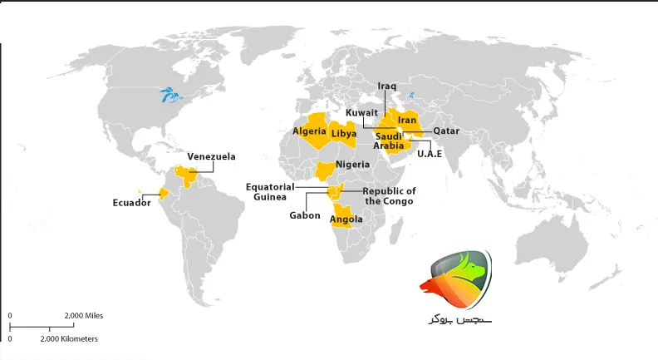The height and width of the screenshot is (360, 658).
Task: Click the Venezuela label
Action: click(x=211, y=156)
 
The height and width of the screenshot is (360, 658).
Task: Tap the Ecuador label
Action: click(x=131, y=202)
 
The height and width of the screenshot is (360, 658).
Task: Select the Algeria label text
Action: click(x=309, y=131)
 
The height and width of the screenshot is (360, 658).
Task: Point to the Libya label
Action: click(x=343, y=133)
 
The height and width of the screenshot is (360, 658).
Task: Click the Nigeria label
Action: click(x=352, y=165)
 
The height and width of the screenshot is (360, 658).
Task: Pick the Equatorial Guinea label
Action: click(x=269, y=192)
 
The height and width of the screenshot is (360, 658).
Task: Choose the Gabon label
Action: click(x=305, y=215)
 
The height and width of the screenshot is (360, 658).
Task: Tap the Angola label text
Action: click(x=346, y=220)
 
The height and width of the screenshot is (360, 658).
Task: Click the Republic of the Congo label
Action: click(x=390, y=196)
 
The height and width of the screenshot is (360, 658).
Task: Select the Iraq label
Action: click(x=387, y=86)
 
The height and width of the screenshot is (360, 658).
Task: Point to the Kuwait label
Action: click(x=362, y=112)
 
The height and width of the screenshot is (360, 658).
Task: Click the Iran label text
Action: click(x=407, y=121)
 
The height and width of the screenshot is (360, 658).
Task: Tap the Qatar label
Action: click(x=446, y=131)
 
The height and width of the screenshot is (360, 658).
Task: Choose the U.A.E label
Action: click(x=430, y=154)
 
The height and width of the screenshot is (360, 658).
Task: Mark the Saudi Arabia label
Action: click(x=388, y=141)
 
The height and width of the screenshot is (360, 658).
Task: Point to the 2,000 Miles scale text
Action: click(x=83, y=316)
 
